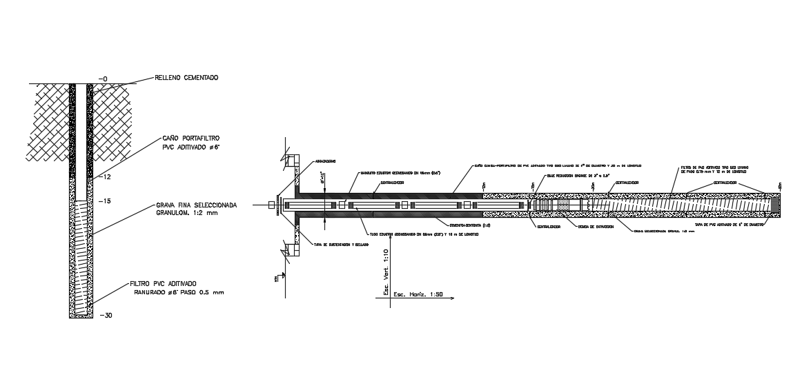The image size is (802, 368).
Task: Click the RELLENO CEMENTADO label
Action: click(187, 79)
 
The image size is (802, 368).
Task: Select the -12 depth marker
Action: click(106, 177)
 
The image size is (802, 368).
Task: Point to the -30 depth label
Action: click(106, 316)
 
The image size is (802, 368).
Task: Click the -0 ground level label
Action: click(102, 79)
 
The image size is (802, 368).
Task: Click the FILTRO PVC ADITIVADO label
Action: click(163, 283)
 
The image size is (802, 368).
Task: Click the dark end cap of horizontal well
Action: click(776, 204)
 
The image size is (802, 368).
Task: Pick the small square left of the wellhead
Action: click(271, 204)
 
